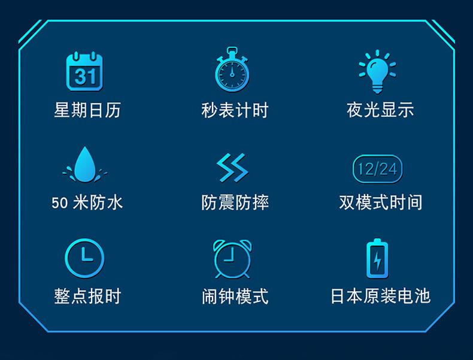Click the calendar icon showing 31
tap(84, 71)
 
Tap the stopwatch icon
tap(232, 69)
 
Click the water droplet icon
tap(85, 165)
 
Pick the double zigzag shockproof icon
tap(232, 168)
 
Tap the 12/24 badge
tap(377, 169)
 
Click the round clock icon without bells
tap(84, 258)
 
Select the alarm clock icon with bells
tap(232, 259)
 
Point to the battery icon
tap(377, 258)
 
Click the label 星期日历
tap(87, 110)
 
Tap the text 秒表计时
tap(235, 110)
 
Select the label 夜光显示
tap(380, 110)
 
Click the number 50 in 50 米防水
tap(60, 203)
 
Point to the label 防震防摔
tap(235, 202)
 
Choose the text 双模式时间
tap(380, 202)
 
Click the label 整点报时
tap(87, 296)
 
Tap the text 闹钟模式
tap(235, 296)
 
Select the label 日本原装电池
tap(380, 296)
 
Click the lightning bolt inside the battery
tap(377, 261)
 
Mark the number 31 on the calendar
tap(85, 76)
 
